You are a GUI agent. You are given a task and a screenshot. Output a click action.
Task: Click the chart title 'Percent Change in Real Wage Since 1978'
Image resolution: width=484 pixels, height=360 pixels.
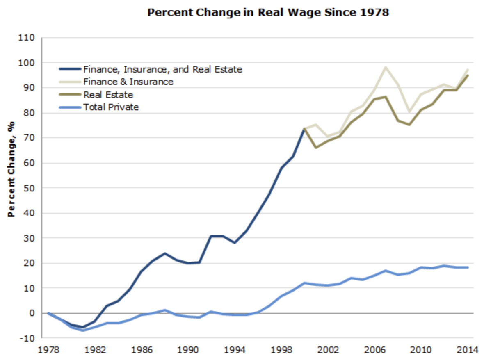(x=268, y=13)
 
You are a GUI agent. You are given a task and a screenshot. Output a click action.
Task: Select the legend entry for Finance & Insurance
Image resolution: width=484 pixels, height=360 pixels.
(x=128, y=82)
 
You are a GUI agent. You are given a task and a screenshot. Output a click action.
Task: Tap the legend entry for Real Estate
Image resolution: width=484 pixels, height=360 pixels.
(x=108, y=95)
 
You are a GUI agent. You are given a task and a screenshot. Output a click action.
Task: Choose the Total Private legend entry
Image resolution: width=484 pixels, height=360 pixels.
(x=111, y=107)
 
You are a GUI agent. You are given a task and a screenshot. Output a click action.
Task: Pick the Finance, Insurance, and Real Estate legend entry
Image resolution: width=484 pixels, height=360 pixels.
(x=162, y=69)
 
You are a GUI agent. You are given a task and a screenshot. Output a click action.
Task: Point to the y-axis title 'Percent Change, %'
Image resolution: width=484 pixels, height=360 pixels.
(x=12, y=169)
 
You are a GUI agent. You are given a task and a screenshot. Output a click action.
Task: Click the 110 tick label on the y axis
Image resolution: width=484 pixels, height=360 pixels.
(x=27, y=38)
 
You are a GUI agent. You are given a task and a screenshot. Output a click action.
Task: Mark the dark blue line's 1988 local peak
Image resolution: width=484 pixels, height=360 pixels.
(x=164, y=253)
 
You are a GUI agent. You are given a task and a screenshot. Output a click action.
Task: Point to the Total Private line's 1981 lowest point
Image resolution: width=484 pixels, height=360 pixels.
(x=83, y=330)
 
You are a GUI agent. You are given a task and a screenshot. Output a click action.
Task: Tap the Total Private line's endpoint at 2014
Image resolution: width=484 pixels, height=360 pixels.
(x=468, y=267)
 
